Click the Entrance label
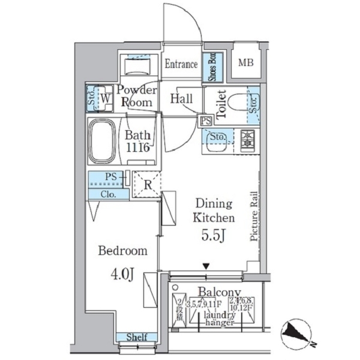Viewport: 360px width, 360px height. tap(181, 64)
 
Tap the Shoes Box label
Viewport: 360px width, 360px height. tap(212, 67)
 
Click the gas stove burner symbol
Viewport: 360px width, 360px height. tap(247, 141)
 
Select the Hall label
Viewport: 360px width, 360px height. tap(181, 98)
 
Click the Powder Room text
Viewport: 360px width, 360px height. tap(137, 96)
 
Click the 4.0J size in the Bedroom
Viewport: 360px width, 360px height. tap(122, 275)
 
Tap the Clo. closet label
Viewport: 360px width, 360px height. tap(108, 194)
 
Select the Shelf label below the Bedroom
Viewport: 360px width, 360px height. tap(137, 338)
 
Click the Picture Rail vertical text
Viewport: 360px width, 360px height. tap(254, 217)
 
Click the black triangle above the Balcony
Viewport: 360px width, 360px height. tap(206, 266)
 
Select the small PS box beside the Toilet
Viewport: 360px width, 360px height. tap(206, 120)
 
